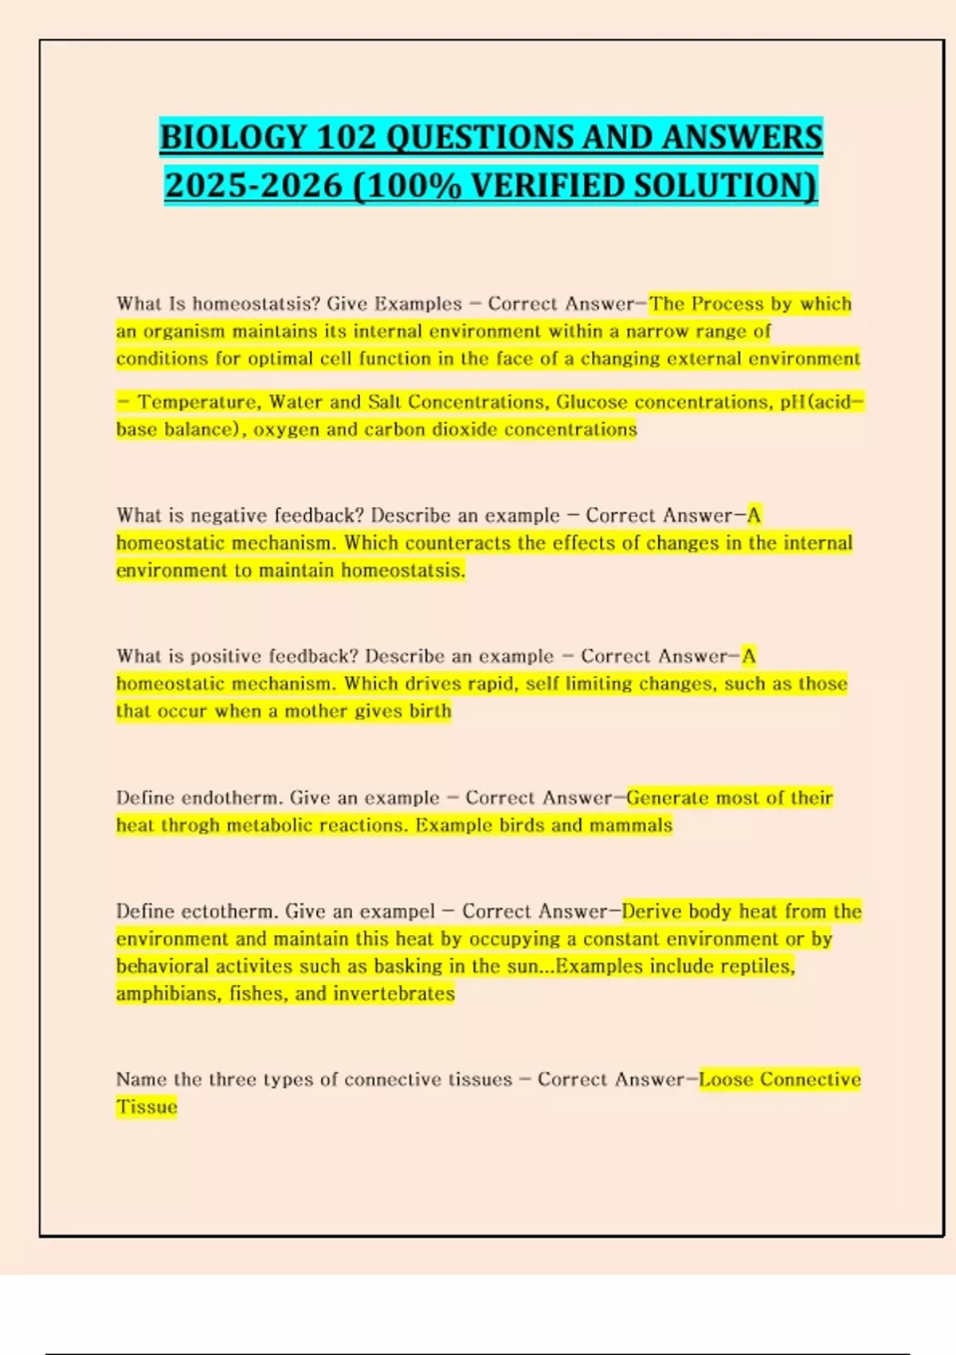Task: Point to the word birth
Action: [x=430, y=711]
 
